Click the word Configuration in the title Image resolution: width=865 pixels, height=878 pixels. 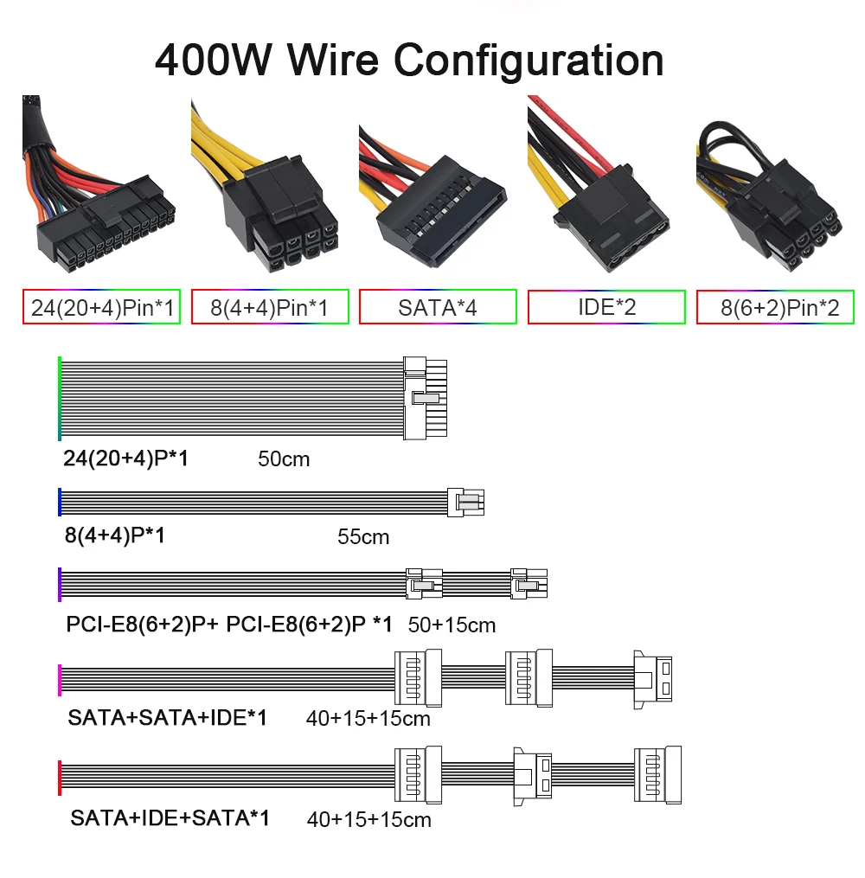point(529,61)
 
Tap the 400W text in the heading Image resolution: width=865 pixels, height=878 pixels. point(214,60)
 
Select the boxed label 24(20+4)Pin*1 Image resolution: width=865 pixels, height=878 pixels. point(101,307)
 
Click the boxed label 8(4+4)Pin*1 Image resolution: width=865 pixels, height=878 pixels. point(270,307)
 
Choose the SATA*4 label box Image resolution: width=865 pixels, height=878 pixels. point(438,307)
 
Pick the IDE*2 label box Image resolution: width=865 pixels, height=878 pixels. point(606,307)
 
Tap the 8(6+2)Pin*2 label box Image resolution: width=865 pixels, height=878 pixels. point(775,307)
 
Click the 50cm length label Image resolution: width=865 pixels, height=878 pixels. point(284,459)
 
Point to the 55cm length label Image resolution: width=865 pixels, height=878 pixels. point(363,536)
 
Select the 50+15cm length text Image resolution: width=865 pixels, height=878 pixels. point(452,625)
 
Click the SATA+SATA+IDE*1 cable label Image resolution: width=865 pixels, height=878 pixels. point(168,717)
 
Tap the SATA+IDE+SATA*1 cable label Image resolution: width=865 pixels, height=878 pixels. point(170,818)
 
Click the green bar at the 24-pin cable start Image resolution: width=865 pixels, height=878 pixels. point(60,398)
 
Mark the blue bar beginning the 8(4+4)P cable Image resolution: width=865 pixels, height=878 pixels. point(60,502)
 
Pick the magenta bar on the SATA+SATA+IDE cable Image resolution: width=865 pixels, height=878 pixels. point(60,680)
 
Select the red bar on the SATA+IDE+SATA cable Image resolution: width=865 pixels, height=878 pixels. point(60,778)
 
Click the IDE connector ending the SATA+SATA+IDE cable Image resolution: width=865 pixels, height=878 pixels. point(653,679)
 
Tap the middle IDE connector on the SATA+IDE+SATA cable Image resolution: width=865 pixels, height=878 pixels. point(533,777)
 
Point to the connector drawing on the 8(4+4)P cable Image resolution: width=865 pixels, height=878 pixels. point(466,502)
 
